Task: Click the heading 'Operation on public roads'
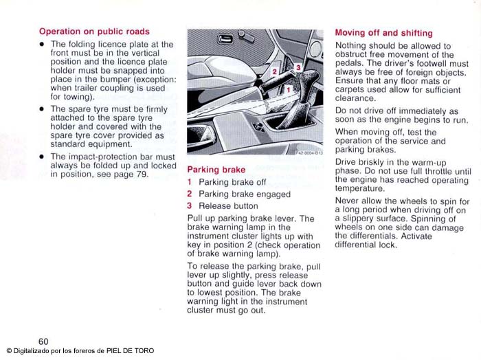(94, 32)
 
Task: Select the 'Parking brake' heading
(216, 169)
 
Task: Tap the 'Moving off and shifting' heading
(383, 33)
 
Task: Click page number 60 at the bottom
(43, 341)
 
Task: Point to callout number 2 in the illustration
(274, 71)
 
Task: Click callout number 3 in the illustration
(298, 67)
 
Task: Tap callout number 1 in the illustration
(289, 89)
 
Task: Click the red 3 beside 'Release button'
(190, 206)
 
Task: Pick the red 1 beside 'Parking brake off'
(190, 183)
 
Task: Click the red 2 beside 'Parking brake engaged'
(190, 194)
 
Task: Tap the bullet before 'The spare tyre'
(42, 109)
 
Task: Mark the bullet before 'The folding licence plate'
(42, 45)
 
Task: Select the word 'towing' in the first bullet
(77, 97)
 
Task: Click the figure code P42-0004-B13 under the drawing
(309, 153)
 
